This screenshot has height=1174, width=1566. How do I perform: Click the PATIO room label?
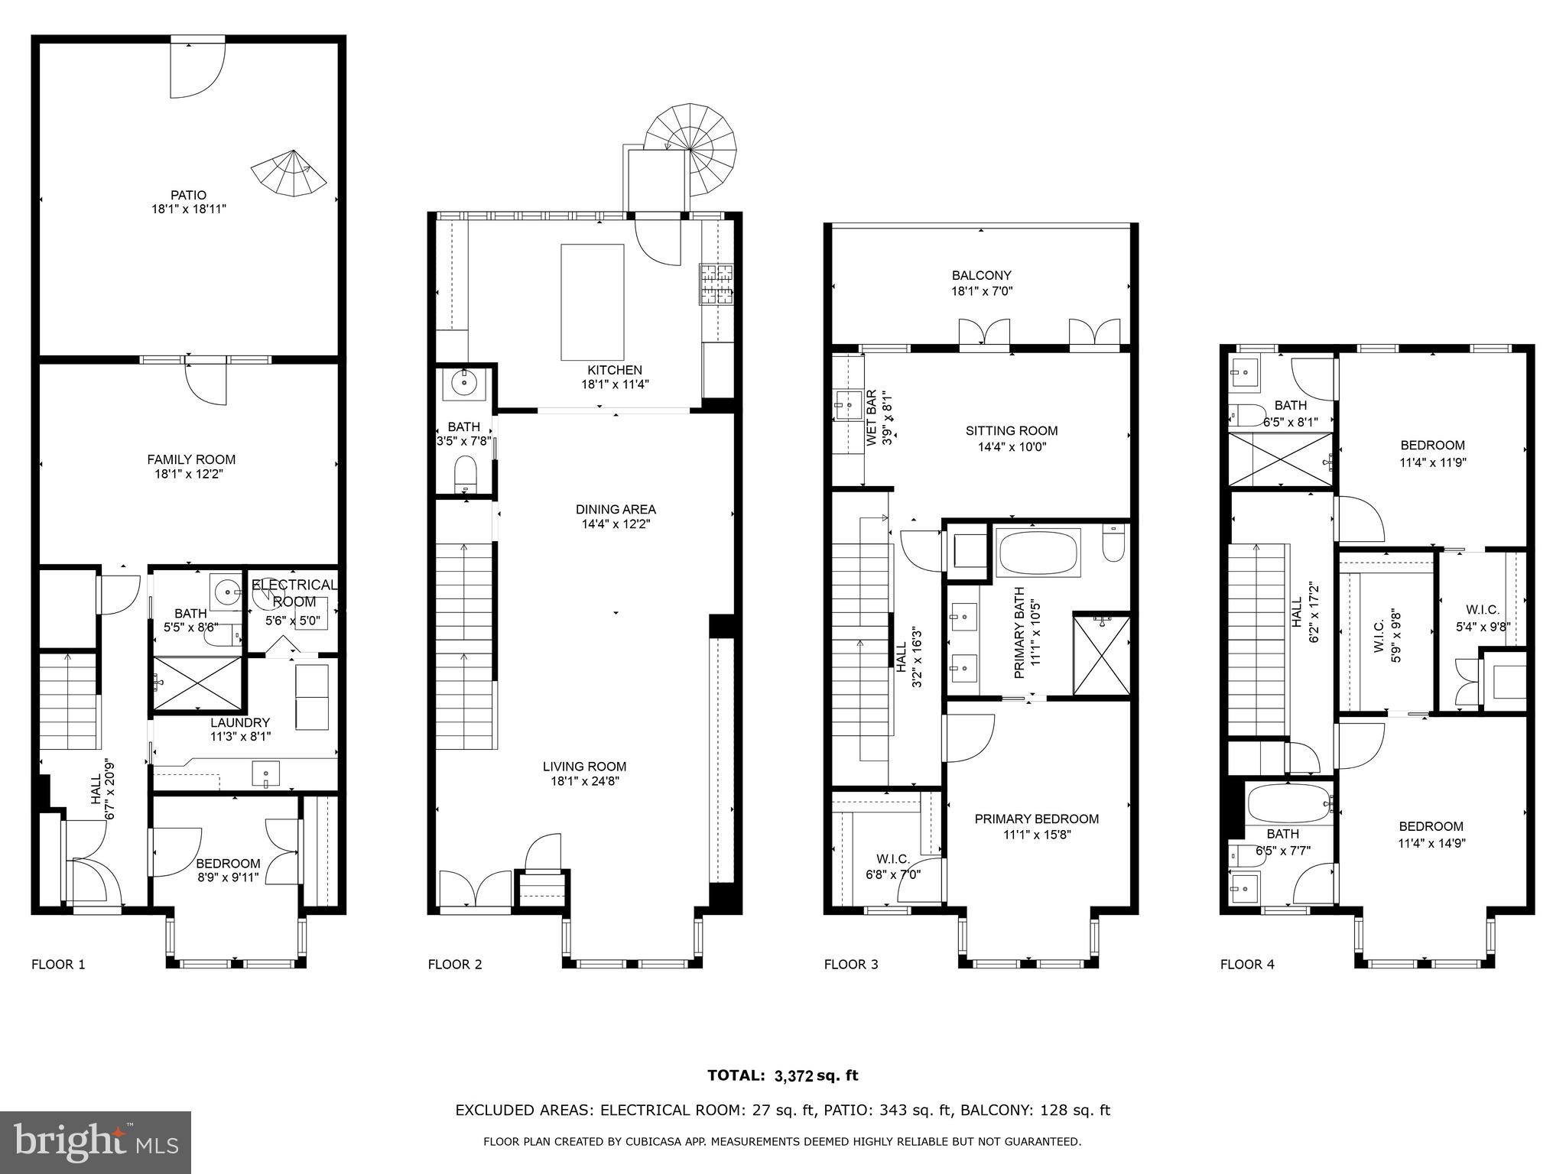[189, 195]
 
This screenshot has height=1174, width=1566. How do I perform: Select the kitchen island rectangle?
[592, 302]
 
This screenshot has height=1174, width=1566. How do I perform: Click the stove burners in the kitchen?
[716, 284]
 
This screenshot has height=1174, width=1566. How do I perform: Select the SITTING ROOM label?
[1011, 431]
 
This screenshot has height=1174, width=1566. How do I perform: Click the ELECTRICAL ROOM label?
[294, 593]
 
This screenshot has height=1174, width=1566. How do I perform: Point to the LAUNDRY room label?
[240, 722]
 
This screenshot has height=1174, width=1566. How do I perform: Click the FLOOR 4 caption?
[1247, 965]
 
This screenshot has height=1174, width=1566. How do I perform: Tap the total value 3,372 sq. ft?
[816, 1076]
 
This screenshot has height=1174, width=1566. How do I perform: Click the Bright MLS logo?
[96, 1142]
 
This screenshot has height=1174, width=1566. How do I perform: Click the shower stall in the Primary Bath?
[1101, 655]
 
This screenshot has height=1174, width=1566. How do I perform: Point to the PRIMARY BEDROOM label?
[1036, 819]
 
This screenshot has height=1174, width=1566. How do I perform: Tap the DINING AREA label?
[616, 510]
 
